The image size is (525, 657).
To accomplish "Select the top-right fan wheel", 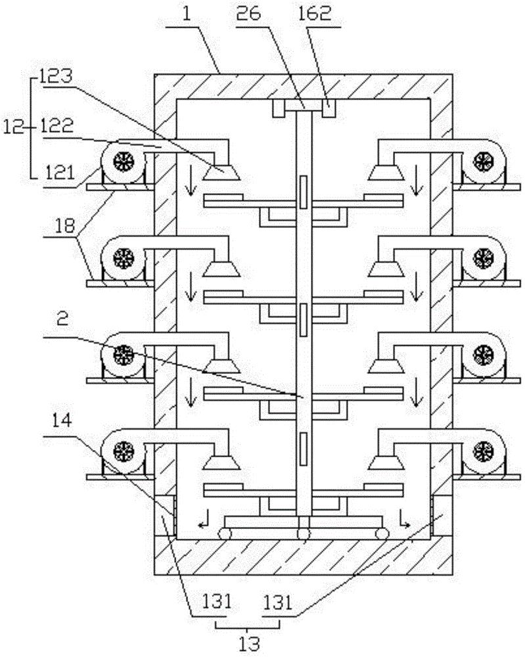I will tap(484, 160).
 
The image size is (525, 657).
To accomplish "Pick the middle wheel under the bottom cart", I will tap(303, 533).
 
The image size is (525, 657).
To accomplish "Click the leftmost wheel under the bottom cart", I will tap(226, 533).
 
